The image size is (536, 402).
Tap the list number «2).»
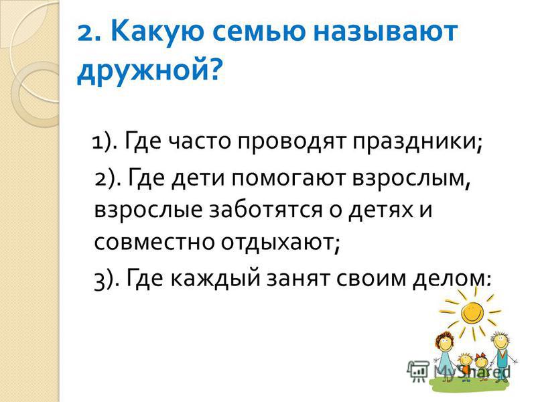(108, 179)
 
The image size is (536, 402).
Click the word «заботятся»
(265, 210)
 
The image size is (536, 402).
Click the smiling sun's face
(472, 311)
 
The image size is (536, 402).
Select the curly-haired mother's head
(444, 341)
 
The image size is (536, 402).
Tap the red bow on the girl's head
(482, 356)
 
